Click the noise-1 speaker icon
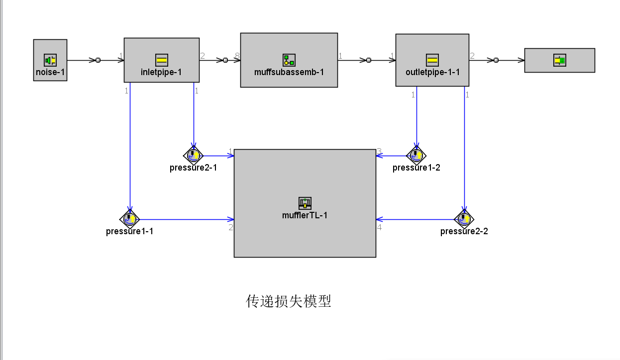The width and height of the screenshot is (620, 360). point(50,60)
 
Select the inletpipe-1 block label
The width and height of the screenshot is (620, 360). point(162,72)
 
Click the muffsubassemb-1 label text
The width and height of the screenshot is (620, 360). point(289,72)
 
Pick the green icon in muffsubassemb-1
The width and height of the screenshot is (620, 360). point(289,60)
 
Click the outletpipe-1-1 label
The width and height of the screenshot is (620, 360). point(432,72)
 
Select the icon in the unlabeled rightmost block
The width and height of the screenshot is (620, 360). point(560,60)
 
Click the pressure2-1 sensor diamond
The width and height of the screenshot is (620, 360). point(193,156)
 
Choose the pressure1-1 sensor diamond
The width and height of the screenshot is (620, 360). point(129,219)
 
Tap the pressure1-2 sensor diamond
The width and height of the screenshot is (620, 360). point(416,156)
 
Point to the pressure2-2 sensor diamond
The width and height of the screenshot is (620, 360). point(464,219)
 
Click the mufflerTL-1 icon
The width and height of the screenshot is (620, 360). point(305,203)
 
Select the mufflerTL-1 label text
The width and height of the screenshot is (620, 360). point(305,215)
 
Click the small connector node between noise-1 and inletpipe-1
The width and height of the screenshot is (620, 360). point(98,60)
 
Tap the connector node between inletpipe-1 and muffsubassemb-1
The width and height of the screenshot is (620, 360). point(225,60)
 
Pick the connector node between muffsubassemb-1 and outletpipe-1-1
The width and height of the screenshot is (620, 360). point(369,60)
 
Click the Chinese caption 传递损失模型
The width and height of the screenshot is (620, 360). point(289,301)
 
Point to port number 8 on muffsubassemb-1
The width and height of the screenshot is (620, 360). point(237,56)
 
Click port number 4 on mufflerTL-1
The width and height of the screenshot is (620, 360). point(379,227)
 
